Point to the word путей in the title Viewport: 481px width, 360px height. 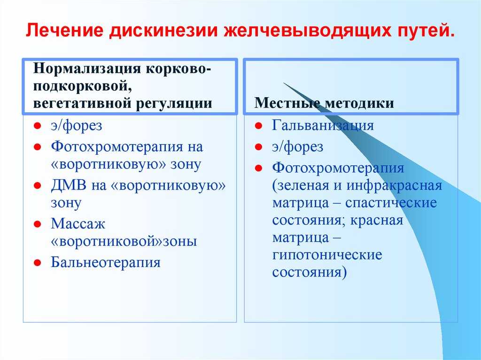422,31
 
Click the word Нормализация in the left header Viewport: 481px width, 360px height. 87,69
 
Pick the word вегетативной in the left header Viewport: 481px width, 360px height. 82,103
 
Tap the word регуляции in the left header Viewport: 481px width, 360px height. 174,104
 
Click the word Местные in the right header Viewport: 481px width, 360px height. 287,103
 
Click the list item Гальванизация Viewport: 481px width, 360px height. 323,125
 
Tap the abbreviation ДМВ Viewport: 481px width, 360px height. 69,185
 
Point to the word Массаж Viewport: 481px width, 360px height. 78,223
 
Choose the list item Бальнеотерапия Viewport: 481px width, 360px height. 106,262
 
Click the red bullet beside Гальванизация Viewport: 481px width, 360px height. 259,125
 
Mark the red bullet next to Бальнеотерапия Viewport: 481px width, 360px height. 38,262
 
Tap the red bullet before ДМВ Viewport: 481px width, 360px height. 38,185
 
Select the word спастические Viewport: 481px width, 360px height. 391,203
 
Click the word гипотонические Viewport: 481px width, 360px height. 327,255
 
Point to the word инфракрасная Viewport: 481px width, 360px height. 394,186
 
